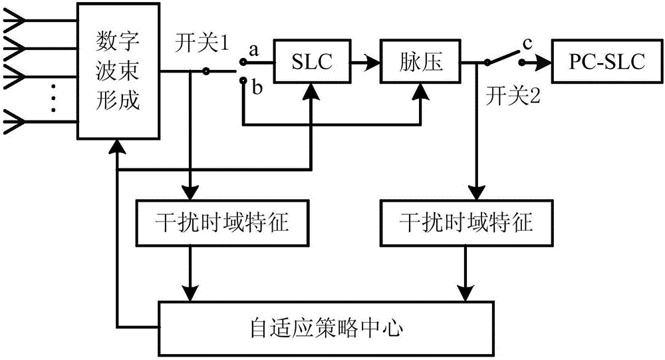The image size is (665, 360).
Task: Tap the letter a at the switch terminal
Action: [253, 49]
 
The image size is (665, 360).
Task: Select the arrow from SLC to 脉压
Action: [362, 63]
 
